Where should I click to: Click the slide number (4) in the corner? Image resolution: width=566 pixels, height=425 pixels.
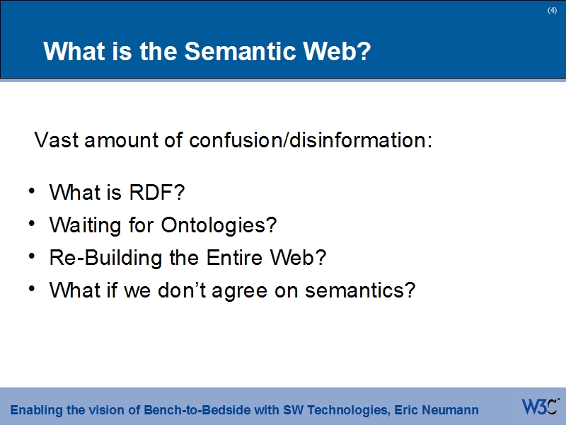pos(552,10)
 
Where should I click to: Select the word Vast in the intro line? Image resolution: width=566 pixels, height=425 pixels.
pos(57,140)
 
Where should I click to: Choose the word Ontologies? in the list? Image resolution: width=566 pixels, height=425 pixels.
pos(219,225)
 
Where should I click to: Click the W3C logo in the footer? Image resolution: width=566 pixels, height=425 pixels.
pos(540,407)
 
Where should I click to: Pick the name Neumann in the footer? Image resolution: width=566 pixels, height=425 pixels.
pos(451,410)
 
